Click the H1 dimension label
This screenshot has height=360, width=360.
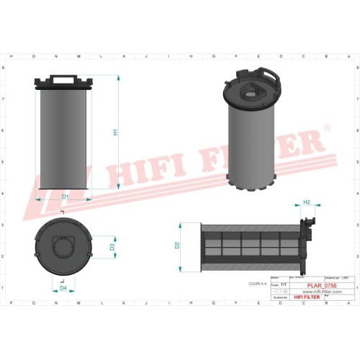tap(115, 132)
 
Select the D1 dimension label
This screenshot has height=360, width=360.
tap(64, 197)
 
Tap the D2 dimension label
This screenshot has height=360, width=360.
tap(177, 246)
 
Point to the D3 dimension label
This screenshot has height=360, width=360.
tap(112, 246)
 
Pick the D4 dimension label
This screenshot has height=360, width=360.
tap(63, 288)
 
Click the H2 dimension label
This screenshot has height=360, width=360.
tap(307, 202)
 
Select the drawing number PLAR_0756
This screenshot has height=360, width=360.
tap(321, 287)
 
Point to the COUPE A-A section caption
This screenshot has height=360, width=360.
tap(257, 285)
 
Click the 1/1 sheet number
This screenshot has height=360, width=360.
tap(283, 286)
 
